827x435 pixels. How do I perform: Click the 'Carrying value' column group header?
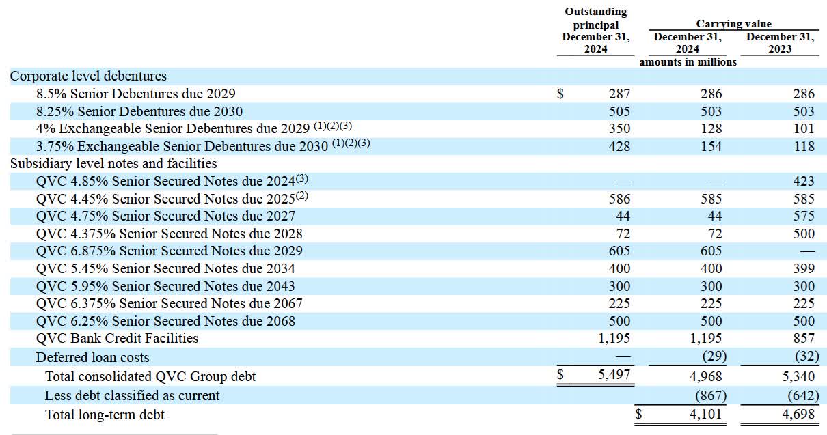[x=733, y=24]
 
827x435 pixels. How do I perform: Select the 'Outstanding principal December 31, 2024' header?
[x=595, y=30]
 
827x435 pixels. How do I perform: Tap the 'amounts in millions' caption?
[x=688, y=62]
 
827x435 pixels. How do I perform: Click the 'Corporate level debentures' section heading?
[x=88, y=76]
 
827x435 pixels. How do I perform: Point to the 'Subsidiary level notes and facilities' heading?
[x=113, y=163]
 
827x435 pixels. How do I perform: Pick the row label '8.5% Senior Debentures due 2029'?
[x=135, y=94]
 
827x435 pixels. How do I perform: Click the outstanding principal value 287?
[x=619, y=94]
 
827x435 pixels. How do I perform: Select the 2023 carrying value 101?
[x=804, y=129]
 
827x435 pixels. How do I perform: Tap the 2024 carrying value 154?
[x=711, y=146]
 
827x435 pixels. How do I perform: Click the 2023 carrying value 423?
[x=804, y=181]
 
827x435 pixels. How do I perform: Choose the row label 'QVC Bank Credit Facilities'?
[x=117, y=338]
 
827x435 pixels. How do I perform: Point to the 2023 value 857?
[x=804, y=338]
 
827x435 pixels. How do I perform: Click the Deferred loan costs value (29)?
[x=714, y=356]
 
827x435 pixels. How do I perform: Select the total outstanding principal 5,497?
[x=614, y=375]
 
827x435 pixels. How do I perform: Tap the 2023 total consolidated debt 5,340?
[x=798, y=376]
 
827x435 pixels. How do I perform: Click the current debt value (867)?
[x=711, y=395]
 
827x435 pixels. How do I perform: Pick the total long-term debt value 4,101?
[x=705, y=415]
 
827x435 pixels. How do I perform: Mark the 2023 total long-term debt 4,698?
[x=798, y=415]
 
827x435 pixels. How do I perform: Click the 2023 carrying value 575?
[x=804, y=216]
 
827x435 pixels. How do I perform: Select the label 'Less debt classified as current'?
[x=132, y=395]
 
